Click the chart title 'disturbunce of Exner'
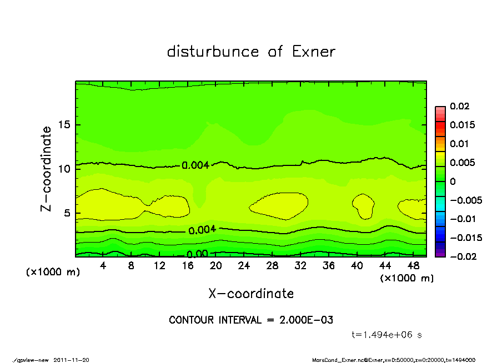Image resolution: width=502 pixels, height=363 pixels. coord(251,52)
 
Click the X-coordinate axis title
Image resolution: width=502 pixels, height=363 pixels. coord(251,293)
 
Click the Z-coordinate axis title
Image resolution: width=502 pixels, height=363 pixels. coord(46,168)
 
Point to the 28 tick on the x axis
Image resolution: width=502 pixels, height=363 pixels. coord(272,266)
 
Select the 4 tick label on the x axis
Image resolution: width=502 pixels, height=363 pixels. coord(103,266)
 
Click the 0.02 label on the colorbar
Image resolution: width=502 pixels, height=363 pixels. coord(459,106)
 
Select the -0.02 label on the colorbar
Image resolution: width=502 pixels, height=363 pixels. coord(462,256)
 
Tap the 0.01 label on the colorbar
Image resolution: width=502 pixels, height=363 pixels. coord(459,144)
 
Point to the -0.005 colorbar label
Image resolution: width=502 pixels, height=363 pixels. coord(465,200)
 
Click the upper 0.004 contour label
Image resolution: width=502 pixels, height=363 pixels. coord(195,165)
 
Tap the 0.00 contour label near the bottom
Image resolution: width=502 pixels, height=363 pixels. coord(197,254)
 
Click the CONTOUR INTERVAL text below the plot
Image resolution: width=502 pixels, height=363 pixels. coord(251,320)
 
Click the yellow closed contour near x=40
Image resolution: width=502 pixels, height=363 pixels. coord(364,206)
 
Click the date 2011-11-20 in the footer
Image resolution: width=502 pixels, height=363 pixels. coord(71,360)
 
